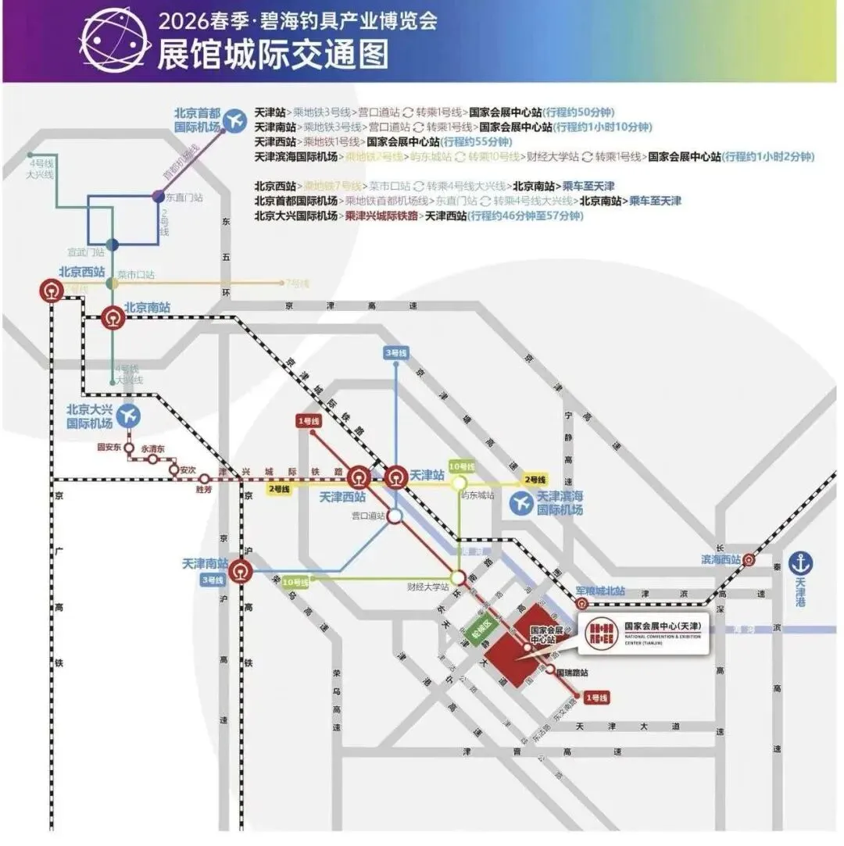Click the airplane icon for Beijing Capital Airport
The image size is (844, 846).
tap(234, 121)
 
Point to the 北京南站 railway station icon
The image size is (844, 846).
tap(113, 318)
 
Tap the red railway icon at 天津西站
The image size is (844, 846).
tap(359, 476)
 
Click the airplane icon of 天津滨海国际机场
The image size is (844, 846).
tap(521, 504)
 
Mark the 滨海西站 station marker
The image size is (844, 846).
tap(749, 559)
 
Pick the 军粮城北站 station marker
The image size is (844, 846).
tap(581, 604)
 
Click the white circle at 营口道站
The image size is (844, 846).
tap(395, 516)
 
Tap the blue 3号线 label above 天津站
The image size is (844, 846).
tap(395, 353)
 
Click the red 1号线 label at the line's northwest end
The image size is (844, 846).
tap(309, 421)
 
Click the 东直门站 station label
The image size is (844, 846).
tap(184, 198)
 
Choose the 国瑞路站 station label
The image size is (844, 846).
tap(572, 671)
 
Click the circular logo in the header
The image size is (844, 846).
tap(115, 41)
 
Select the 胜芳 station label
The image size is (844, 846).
tap(203, 491)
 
